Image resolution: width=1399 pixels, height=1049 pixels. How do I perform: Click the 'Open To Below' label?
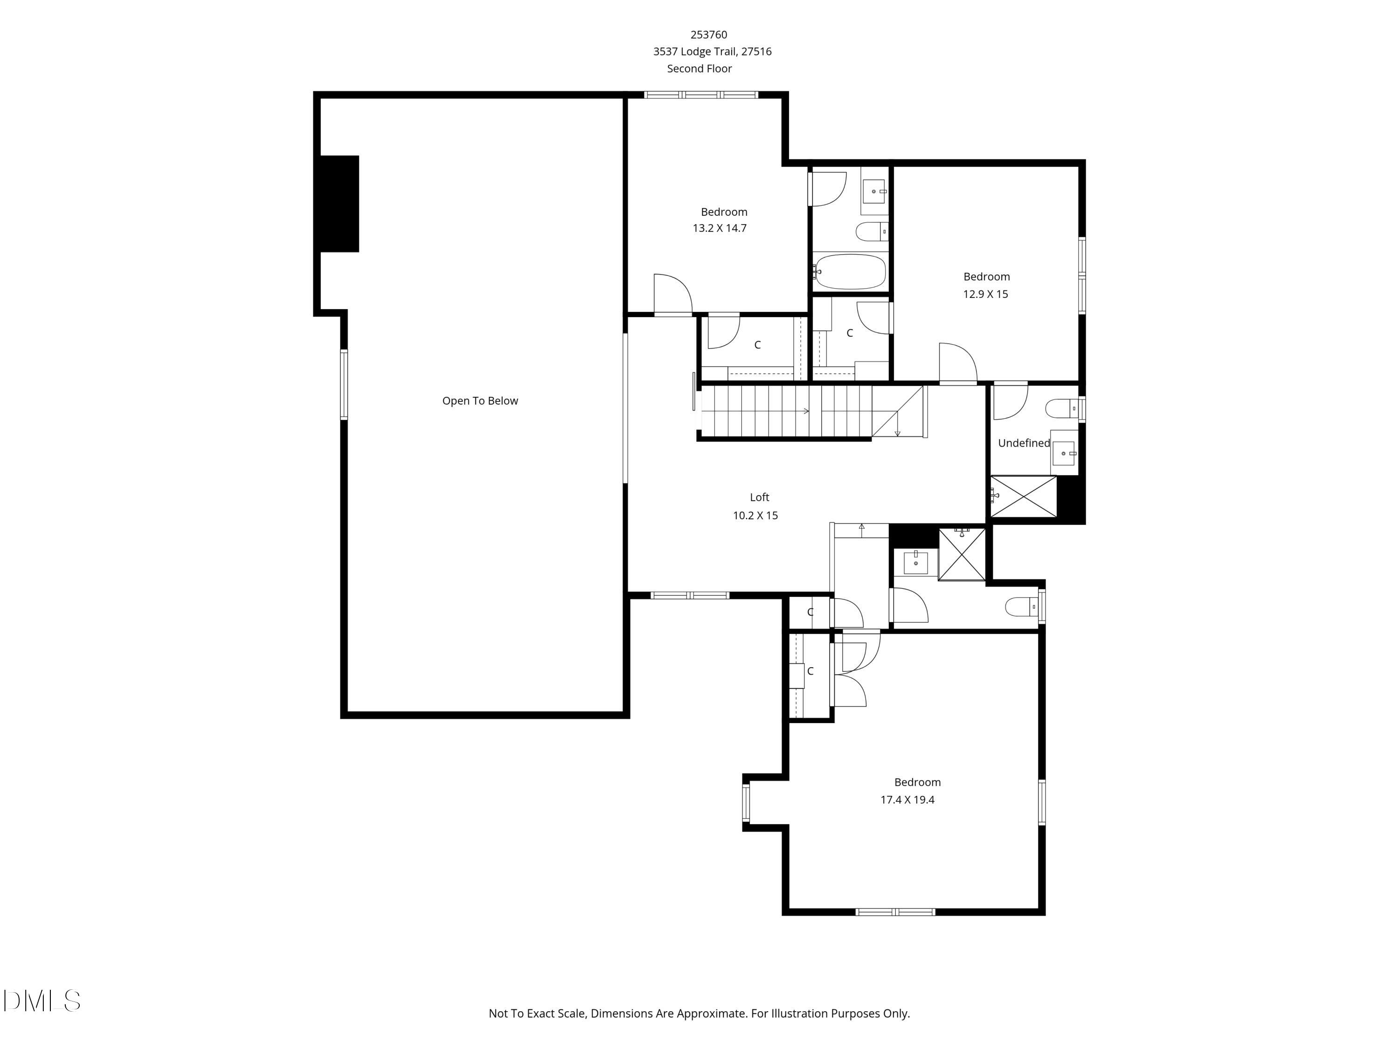coord(479,401)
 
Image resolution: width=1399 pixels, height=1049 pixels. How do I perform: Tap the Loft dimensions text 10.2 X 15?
coord(755,515)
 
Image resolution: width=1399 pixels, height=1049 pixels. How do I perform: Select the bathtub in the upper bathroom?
coord(850,272)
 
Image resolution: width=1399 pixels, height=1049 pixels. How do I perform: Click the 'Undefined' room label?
coord(1023,443)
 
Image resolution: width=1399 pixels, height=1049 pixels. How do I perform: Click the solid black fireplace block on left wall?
coord(339,204)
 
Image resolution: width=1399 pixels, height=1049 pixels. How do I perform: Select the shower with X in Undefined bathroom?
coord(1023,497)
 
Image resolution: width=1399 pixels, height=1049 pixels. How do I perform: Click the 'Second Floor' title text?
coord(699,68)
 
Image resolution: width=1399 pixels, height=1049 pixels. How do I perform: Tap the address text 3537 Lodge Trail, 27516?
coord(712,51)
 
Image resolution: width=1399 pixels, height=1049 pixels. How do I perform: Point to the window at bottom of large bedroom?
coord(895,912)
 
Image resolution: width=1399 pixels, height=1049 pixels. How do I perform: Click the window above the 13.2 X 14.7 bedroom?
coord(701,95)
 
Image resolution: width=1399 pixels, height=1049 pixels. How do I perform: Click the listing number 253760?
coord(708,35)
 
